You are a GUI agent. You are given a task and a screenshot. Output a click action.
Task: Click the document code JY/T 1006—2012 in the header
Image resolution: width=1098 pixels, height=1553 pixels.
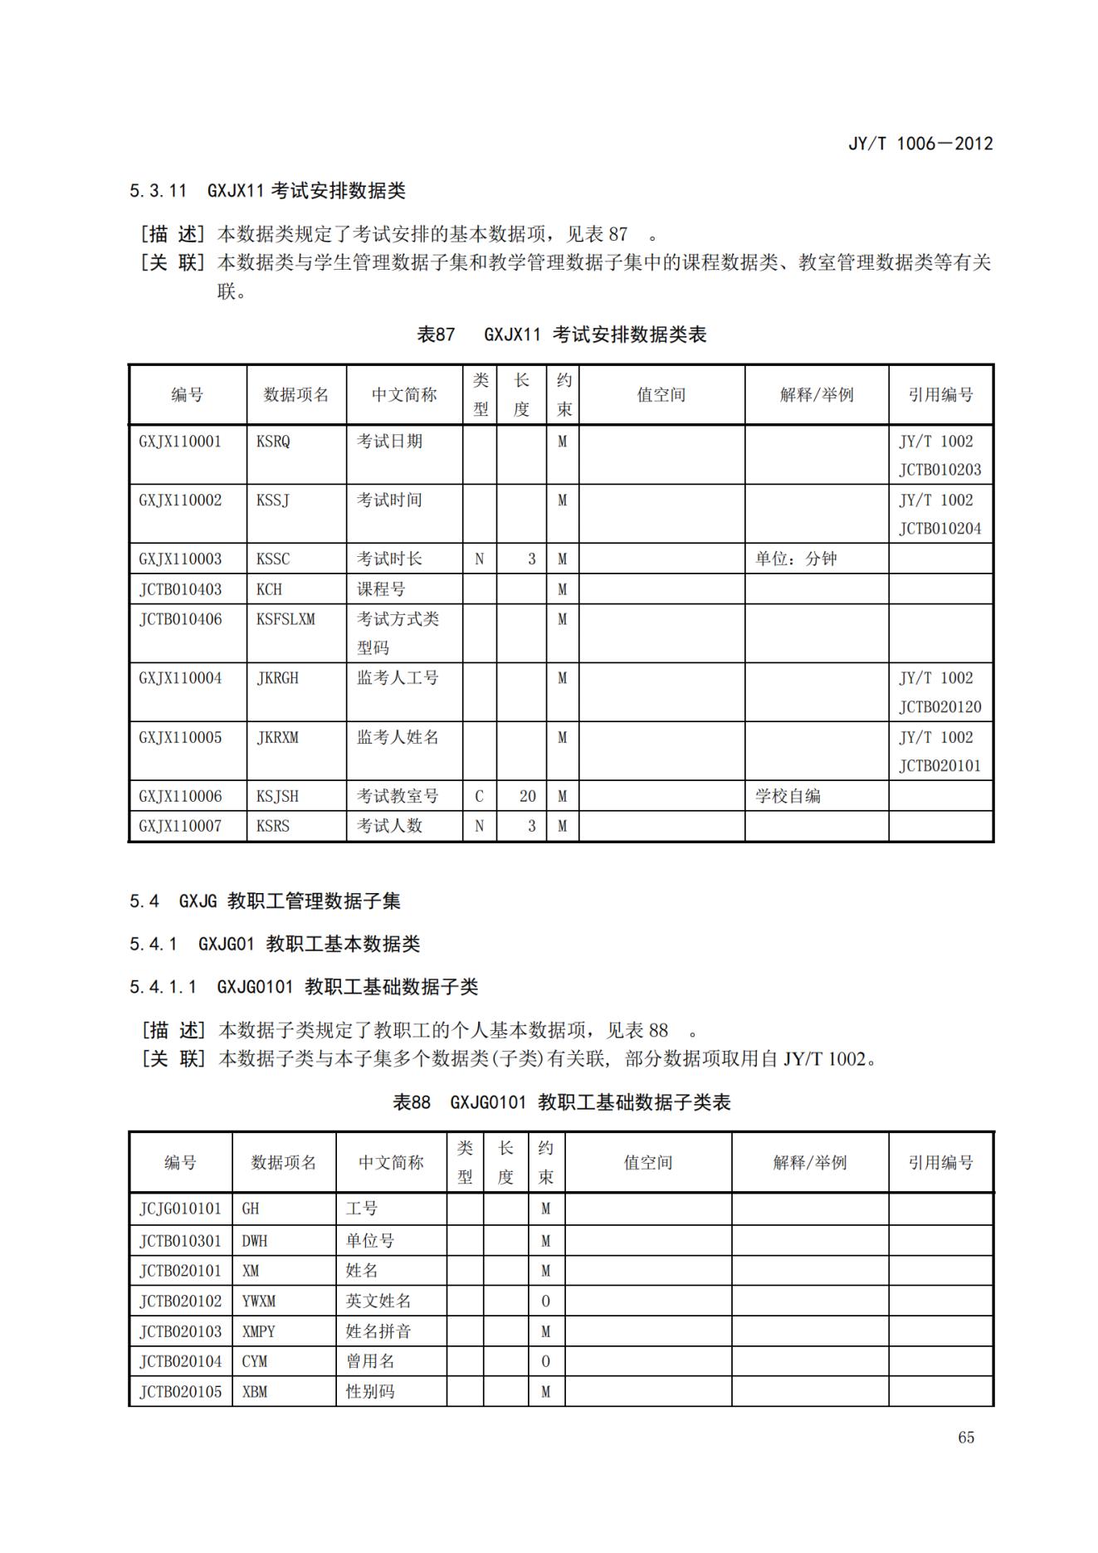point(920,144)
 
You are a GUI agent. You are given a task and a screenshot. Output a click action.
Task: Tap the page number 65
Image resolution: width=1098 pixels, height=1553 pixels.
point(965,1438)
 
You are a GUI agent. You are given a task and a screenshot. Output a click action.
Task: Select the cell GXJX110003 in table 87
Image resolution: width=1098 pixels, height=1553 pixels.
point(180,559)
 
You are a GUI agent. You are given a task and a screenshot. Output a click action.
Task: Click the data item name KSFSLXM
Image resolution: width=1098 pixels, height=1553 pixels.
point(285,619)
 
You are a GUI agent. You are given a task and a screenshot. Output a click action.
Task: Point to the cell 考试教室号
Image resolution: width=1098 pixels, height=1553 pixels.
point(398,796)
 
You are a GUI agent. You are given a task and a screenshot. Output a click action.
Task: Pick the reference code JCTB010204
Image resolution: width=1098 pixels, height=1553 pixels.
point(939,529)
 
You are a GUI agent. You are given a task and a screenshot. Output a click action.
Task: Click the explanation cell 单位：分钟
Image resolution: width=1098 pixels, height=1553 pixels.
point(795,559)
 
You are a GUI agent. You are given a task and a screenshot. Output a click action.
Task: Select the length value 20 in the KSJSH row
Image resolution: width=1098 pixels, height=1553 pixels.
point(527,796)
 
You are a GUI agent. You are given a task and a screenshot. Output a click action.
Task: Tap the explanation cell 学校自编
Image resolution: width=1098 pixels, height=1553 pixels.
point(787,796)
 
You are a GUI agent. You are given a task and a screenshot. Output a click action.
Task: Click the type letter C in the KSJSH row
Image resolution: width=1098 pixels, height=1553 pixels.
point(479,796)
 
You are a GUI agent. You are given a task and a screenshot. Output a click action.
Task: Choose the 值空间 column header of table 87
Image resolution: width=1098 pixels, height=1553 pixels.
point(661,395)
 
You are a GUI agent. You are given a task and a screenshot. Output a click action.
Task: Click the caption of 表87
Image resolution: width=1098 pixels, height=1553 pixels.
point(561,335)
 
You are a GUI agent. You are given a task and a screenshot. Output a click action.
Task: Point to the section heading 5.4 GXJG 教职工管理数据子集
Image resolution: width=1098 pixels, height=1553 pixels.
point(265,901)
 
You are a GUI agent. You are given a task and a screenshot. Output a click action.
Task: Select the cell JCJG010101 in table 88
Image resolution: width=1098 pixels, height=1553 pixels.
point(180,1209)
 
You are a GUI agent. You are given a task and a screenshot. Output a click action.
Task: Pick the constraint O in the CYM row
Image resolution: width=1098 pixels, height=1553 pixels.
point(545,1361)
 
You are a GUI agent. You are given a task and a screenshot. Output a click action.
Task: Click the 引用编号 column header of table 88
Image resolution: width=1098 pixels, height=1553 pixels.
point(939,1163)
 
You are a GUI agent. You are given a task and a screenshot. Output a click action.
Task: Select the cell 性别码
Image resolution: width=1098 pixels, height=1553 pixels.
point(369,1391)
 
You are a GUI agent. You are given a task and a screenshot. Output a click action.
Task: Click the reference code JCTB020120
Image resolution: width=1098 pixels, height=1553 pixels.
point(939,707)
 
